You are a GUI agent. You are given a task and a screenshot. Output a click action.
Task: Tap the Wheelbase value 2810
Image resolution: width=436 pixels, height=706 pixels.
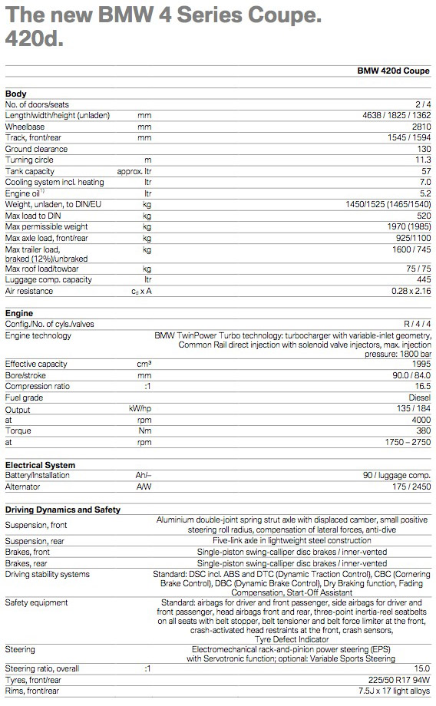[421, 126]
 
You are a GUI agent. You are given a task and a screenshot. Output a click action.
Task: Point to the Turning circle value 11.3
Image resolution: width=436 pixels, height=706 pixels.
[423, 160]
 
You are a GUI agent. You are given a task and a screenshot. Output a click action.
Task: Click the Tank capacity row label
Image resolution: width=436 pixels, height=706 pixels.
[30, 171]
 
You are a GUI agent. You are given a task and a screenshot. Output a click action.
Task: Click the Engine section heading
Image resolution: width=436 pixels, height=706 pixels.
[20, 314]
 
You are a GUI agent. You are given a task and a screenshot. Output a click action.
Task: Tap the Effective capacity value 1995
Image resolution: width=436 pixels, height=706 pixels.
[421, 364]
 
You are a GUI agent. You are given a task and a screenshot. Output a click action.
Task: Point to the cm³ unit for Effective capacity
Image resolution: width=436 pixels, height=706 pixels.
[144, 364]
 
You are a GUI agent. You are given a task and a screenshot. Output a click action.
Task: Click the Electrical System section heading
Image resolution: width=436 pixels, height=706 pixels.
[40, 465]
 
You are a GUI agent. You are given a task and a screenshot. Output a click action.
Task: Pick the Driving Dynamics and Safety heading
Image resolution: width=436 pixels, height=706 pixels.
[62, 510]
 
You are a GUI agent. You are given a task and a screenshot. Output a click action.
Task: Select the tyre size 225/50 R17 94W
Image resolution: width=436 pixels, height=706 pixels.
[400, 680]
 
